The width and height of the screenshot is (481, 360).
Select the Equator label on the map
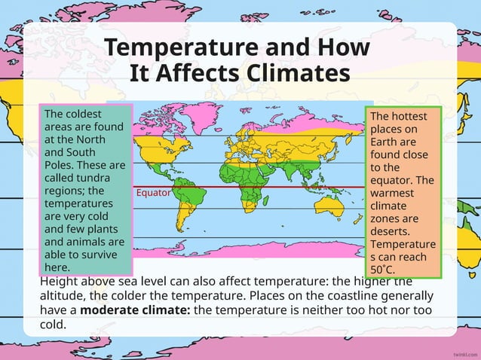coord(153,193)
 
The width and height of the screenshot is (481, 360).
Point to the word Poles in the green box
coord(60,165)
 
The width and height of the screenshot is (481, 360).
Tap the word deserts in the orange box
coord(391,231)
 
